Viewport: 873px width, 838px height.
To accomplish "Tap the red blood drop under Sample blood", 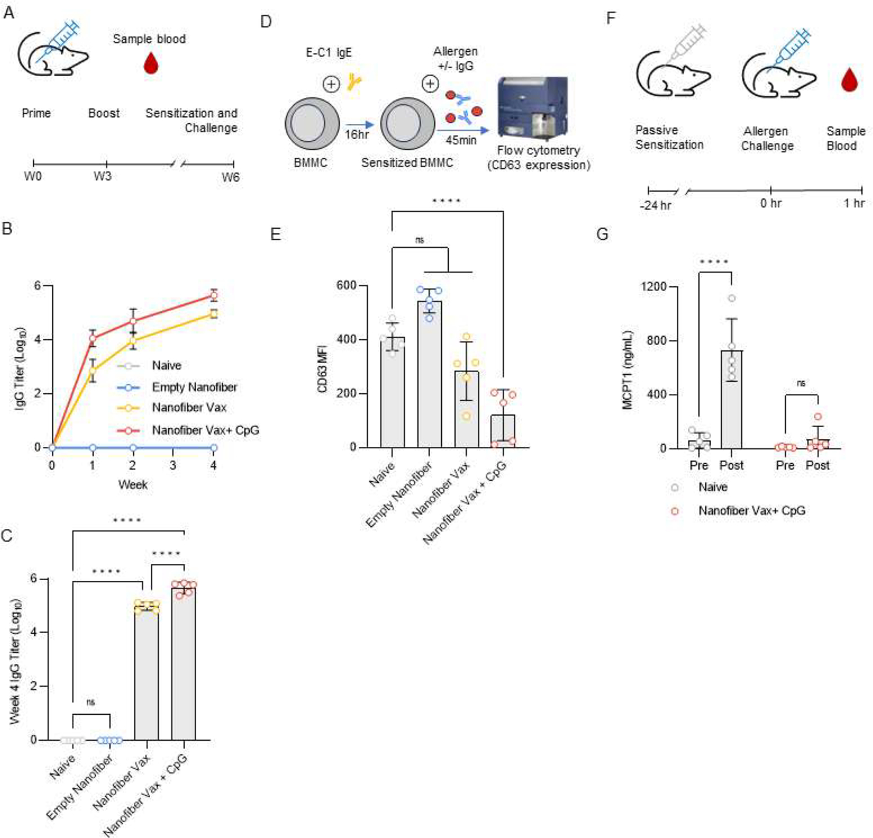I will coord(151,63).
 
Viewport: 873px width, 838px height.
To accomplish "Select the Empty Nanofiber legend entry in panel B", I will coord(194,387).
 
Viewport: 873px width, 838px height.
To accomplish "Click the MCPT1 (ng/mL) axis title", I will coord(627,370).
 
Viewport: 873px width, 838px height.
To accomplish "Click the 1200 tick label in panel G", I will coord(653,287).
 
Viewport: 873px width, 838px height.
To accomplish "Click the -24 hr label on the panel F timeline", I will coord(655,205).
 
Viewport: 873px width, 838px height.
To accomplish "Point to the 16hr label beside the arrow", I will coord(356,135).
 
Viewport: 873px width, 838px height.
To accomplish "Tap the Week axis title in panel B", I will coord(133,485).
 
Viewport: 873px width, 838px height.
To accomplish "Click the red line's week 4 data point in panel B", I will coord(214,296).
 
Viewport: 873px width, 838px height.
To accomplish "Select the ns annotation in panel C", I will coord(91,702).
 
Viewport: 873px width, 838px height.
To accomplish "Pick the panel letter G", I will coord(602,234).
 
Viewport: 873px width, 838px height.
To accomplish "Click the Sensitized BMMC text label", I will coord(407,163).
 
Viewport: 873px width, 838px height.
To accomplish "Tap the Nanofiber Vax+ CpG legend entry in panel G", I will coord(751,511).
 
